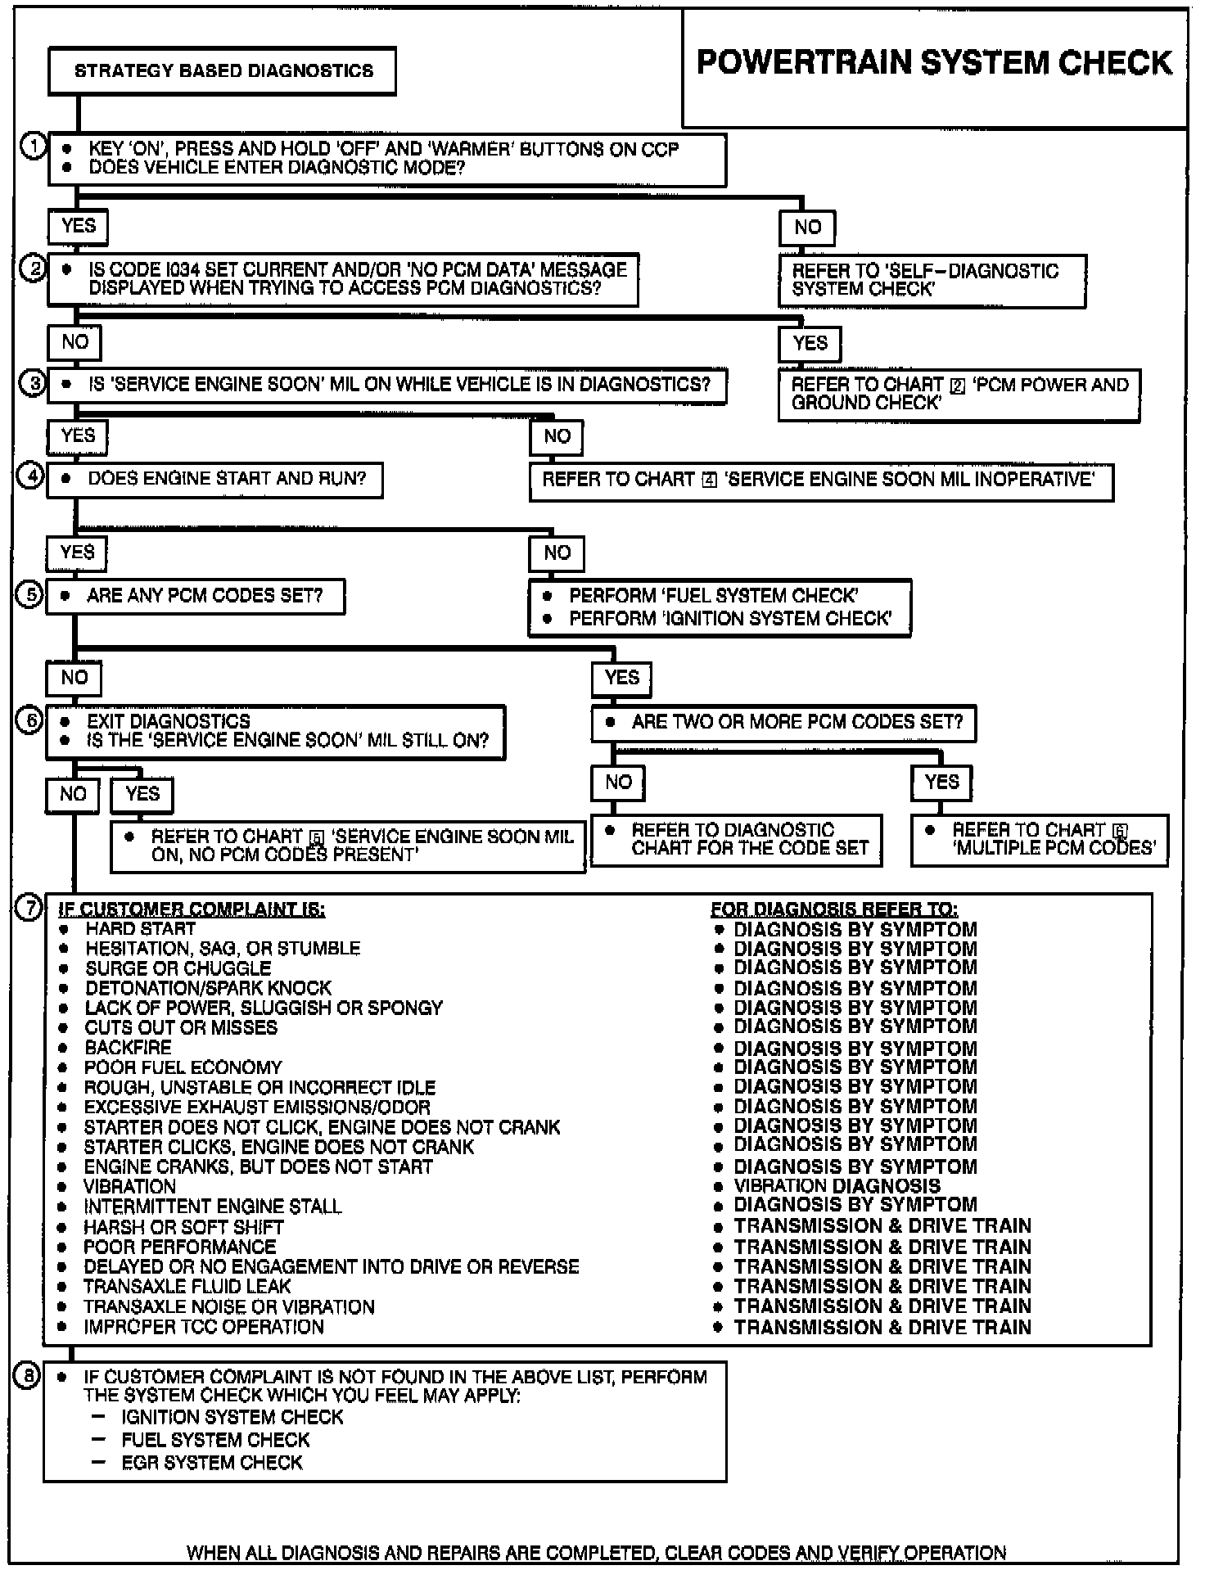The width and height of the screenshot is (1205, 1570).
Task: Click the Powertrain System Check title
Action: click(x=934, y=63)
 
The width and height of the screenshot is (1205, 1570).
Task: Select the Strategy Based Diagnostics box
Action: click(x=223, y=71)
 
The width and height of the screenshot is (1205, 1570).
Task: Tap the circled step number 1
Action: click(x=33, y=147)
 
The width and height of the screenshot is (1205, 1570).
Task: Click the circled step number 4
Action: click(x=31, y=476)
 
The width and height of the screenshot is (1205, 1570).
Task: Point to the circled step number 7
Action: click(x=29, y=908)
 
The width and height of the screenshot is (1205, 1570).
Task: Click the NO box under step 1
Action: click(x=807, y=228)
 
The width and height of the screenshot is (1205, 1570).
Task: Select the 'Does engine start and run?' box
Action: click(x=214, y=479)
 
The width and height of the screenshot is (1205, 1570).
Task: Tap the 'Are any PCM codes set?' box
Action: click(x=196, y=596)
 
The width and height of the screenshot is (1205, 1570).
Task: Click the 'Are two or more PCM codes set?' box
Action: click(x=783, y=723)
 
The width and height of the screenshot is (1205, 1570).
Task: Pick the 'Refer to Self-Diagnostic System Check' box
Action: click(x=932, y=280)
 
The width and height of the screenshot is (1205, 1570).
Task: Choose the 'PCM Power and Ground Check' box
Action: click(x=959, y=394)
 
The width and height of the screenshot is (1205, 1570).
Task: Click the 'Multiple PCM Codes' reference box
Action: click(x=1040, y=839)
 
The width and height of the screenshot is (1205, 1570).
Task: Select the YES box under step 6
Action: click(x=142, y=794)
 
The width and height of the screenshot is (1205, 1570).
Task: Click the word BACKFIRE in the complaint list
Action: click(x=129, y=1048)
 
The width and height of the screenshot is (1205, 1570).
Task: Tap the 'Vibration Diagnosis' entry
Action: click(x=837, y=1186)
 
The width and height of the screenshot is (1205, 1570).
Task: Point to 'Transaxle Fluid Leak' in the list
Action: click(x=187, y=1287)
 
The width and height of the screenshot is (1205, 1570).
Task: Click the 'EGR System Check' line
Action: click(x=212, y=1463)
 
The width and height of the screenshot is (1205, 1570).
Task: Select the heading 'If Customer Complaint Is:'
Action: click(x=192, y=909)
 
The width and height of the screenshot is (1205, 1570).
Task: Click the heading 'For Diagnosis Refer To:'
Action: click(x=833, y=909)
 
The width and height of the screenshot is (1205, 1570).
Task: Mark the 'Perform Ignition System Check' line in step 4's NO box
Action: click(x=730, y=619)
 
